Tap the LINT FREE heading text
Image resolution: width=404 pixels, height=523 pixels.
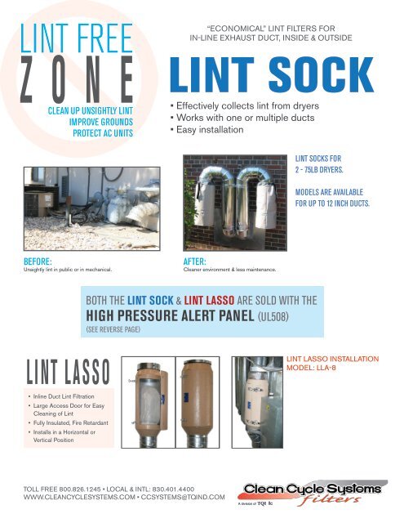click(74, 38)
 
